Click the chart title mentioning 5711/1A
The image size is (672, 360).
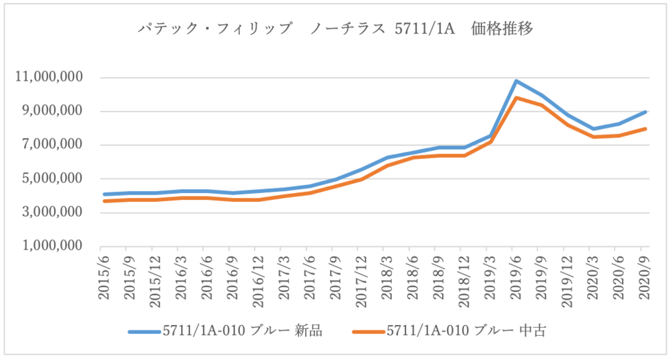coord(336,29)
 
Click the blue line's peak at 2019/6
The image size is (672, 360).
coord(516,81)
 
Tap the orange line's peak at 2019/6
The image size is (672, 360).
coord(516,98)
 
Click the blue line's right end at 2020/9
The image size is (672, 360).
coord(645,112)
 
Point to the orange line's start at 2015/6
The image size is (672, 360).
coord(104,201)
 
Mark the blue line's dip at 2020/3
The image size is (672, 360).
coord(593,129)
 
